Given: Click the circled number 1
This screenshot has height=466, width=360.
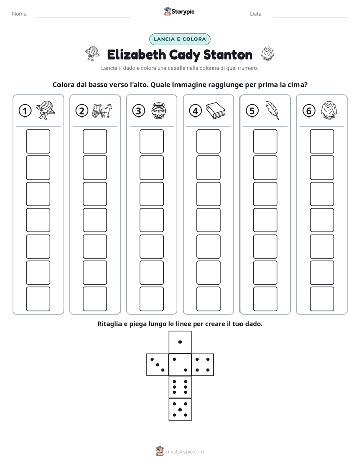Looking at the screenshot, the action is [25, 111].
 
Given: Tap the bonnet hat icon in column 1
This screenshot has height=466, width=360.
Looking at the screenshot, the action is [45, 110].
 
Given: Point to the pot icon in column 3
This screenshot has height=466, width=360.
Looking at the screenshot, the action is [159, 110].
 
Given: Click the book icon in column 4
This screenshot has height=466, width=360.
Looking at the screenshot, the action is [216, 111].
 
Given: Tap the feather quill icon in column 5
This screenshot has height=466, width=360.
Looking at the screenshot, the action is [272, 110].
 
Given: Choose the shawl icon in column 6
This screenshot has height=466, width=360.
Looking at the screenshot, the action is [329, 110].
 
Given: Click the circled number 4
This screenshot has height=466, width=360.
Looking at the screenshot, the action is [195, 111].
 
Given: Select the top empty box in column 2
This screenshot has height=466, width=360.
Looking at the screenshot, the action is [95, 141].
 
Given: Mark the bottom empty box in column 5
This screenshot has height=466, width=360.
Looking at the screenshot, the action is [265, 299].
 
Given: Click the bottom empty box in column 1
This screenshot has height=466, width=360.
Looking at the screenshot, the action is [38, 299].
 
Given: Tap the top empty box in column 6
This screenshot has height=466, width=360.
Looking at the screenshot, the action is [322, 141].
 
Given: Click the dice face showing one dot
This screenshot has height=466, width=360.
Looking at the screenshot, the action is [180, 342].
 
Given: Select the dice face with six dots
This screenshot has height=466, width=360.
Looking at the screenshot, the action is [180, 387].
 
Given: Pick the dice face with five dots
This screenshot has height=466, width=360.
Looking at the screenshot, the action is [180, 410].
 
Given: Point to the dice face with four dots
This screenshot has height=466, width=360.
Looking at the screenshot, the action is [203, 365].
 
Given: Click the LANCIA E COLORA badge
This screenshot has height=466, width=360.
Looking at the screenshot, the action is [179, 39].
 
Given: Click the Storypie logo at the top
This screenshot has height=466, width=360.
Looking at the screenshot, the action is [179, 11].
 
